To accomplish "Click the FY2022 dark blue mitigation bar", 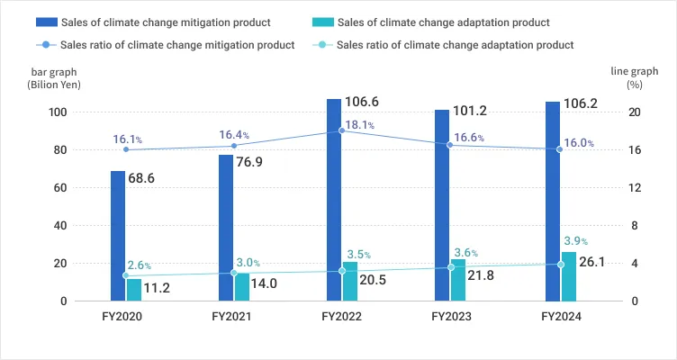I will (x=334, y=200).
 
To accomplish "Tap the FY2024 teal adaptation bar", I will (x=568, y=276).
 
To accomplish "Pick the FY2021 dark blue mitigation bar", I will (x=226, y=228).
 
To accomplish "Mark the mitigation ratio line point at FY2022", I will (x=341, y=130).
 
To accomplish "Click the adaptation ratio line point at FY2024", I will (x=561, y=265).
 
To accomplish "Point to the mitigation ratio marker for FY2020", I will (x=125, y=149).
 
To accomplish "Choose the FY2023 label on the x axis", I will (x=450, y=317).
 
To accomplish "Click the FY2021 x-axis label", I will (x=231, y=317).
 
